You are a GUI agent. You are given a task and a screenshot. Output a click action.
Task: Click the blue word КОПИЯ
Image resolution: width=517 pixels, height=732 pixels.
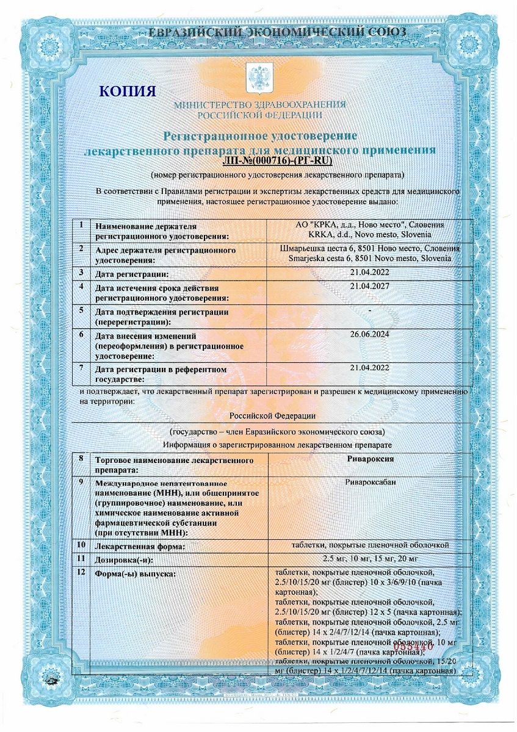point(128,91)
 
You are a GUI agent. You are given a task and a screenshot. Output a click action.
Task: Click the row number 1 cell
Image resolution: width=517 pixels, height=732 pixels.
point(81,225)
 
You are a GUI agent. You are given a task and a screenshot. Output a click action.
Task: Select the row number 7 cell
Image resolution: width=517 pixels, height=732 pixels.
point(81,368)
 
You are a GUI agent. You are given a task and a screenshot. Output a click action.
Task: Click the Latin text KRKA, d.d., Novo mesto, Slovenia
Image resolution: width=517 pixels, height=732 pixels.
point(371,234)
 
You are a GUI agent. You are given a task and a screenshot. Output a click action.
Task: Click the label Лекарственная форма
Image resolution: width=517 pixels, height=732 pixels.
point(140,547)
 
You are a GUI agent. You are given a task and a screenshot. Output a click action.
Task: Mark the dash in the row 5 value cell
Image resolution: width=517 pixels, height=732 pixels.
point(371,311)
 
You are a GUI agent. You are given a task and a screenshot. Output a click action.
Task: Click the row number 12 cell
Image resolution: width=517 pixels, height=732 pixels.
point(81,573)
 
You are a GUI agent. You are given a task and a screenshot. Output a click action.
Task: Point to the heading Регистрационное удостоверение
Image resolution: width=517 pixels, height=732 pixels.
point(259,135)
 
